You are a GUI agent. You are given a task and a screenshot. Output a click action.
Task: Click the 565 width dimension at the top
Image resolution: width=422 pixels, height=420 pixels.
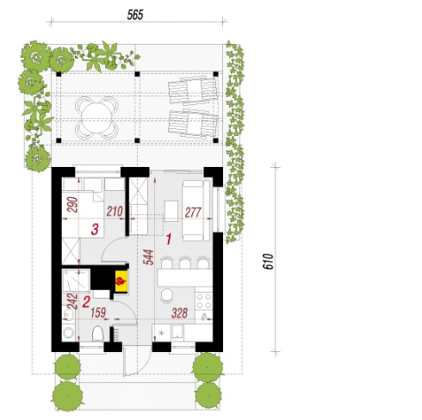click(x=135, y=15)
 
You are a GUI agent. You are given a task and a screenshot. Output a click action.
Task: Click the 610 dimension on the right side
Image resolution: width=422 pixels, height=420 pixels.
click(x=268, y=261)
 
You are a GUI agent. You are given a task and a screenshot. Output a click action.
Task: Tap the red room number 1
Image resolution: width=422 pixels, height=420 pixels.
click(x=169, y=239)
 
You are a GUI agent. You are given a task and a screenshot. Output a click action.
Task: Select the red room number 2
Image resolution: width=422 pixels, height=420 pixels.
click(x=86, y=302)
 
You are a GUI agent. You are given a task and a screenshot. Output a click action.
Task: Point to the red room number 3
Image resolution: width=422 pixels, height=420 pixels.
click(x=95, y=229)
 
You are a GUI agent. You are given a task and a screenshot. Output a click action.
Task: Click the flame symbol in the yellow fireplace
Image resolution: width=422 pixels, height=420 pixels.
click(x=121, y=281)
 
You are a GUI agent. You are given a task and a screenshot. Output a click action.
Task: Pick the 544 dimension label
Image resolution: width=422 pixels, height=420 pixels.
click(x=148, y=257)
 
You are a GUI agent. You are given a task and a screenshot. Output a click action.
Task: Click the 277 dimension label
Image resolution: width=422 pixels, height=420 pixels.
click(x=193, y=213)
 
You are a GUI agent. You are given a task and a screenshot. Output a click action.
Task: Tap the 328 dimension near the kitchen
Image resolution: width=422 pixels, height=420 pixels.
click(x=179, y=313)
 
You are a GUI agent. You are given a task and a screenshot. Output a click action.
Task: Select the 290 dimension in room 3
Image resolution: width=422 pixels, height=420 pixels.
click(x=72, y=204)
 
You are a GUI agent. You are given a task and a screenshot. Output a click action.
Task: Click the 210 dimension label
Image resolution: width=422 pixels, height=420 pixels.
click(x=115, y=212)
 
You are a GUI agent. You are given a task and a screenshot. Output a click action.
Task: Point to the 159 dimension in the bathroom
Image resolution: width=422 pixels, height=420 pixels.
click(x=98, y=312)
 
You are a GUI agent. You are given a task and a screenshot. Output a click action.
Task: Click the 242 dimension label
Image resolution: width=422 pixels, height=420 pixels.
click(x=72, y=301)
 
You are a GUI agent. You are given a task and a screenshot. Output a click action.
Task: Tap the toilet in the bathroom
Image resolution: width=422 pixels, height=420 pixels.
click(x=98, y=334)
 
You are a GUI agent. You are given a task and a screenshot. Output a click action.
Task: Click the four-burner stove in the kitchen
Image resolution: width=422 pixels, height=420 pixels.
click(x=204, y=300)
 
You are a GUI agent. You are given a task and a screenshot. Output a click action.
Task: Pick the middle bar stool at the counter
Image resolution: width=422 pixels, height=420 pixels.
click(x=185, y=262)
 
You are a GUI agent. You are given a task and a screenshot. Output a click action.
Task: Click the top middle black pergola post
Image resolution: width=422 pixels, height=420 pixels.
click(x=137, y=74)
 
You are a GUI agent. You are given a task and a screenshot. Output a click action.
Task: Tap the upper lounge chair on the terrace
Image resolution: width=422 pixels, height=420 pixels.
click(x=193, y=90)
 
